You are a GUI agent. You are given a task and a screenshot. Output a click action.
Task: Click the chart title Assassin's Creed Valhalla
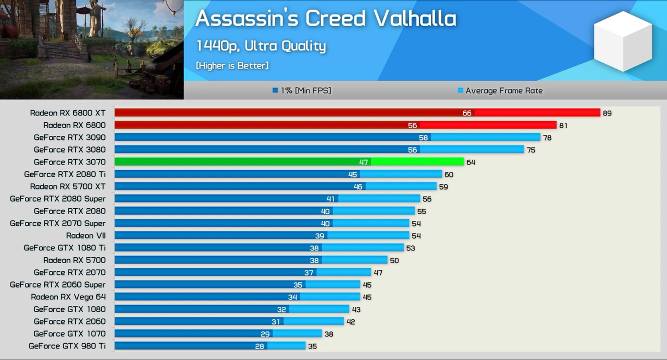click(x=326, y=19)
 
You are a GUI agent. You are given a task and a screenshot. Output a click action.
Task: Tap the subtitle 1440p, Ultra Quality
click(x=261, y=46)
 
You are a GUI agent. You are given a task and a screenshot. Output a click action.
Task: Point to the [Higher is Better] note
click(x=232, y=66)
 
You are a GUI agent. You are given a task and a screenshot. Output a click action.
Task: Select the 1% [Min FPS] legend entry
click(x=302, y=91)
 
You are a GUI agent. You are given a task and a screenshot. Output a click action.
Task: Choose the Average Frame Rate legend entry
click(x=500, y=91)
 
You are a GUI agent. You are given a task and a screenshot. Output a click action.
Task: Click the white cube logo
click(x=622, y=41)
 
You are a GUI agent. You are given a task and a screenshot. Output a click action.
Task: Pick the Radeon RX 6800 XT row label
click(x=68, y=113)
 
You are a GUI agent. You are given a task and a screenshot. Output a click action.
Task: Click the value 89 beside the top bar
click(x=607, y=113)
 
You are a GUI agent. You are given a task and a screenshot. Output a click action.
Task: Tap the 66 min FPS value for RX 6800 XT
click(x=467, y=113)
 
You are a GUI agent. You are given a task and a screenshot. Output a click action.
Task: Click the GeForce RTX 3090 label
click(x=70, y=138)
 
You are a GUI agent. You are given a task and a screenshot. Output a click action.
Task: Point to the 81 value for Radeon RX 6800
click(x=563, y=126)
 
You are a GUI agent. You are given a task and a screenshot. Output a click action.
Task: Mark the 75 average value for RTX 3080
click(x=531, y=150)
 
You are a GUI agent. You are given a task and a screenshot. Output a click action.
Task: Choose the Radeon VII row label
click(x=86, y=236)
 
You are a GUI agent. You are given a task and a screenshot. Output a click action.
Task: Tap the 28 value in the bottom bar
click(x=259, y=346)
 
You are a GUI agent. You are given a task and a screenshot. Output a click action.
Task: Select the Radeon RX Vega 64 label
click(x=68, y=297)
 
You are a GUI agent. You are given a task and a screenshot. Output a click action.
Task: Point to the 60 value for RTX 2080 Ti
click(x=449, y=175)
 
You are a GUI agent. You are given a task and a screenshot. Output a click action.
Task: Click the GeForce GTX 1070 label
click(x=69, y=334)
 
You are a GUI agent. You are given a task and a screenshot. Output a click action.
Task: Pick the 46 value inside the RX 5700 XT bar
click(x=358, y=187)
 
